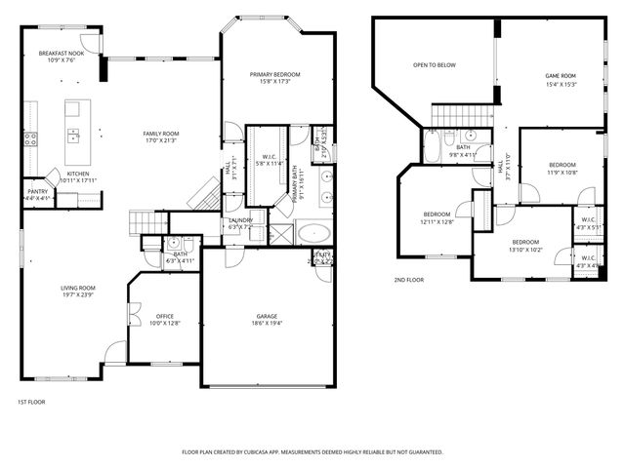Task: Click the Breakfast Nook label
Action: click(61, 57)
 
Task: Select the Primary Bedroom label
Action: click(274, 78)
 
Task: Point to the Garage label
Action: click(267, 320)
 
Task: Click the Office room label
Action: click(165, 320)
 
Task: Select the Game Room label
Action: click(560, 79)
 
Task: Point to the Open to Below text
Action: click(434, 65)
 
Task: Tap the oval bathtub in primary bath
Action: click(312, 233)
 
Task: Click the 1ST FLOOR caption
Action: click(30, 402)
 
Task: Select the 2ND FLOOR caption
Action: click(408, 280)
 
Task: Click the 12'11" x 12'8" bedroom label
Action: click(437, 217)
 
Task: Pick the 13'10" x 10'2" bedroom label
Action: click(525, 245)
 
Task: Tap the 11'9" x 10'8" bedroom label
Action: click(562, 169)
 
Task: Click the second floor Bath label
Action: click(462, 150)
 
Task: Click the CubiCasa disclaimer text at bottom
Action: click(312, 452)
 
